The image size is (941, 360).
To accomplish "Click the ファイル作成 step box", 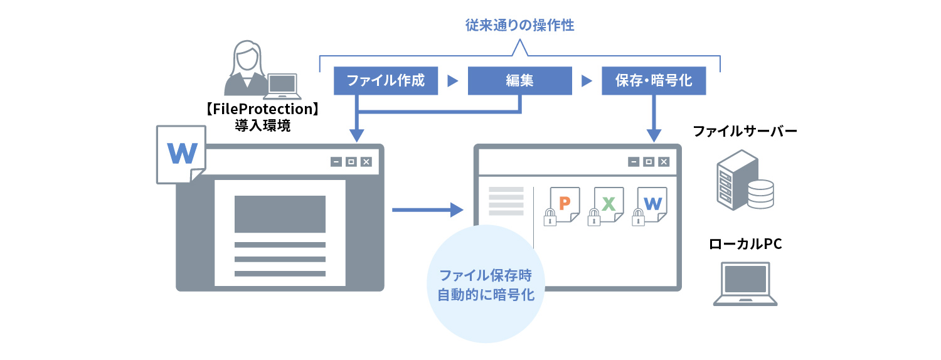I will (x=385, y=81).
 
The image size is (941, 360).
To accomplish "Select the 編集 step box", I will (x=519, y=81).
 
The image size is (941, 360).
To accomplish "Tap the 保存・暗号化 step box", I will (x=654, y=81).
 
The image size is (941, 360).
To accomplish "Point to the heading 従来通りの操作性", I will (x=520, y=26).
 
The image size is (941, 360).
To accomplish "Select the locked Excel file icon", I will (x=607, y=205).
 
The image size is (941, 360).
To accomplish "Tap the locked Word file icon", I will (x=651, y=205).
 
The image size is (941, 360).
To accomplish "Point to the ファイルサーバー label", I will (x=745, y=132).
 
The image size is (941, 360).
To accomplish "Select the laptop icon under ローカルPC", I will (x=745, y=283).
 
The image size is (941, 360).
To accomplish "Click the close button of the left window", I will (x=366, y=162).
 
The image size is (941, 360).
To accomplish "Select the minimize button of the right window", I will (x=634, y=162).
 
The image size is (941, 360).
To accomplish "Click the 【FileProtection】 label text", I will (x=263, y=109).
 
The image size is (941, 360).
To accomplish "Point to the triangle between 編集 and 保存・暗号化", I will (x=587, y=81).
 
